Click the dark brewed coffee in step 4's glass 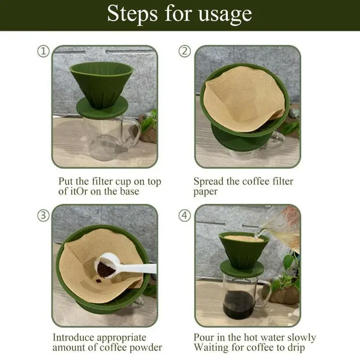[x=239, y=304]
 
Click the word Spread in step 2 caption [x=209, y=182]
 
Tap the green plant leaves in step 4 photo [x=288, y=270]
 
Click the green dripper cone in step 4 [x=243, y=250]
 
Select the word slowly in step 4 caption [x=300, y=337]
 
